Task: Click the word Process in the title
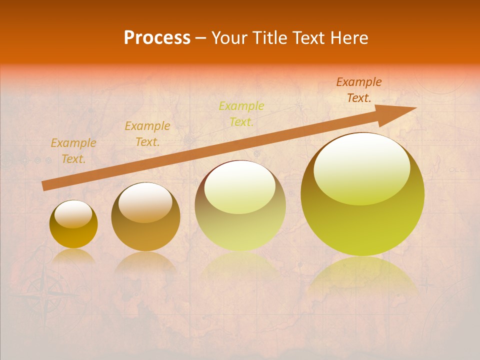[157, 38]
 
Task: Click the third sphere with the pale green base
[240, 206]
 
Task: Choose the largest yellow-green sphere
[362, 194]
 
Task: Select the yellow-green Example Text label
[241, 113]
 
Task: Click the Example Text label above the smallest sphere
[73, 150]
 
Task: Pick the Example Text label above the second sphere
[147, 133]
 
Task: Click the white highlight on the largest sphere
[361, 167]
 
